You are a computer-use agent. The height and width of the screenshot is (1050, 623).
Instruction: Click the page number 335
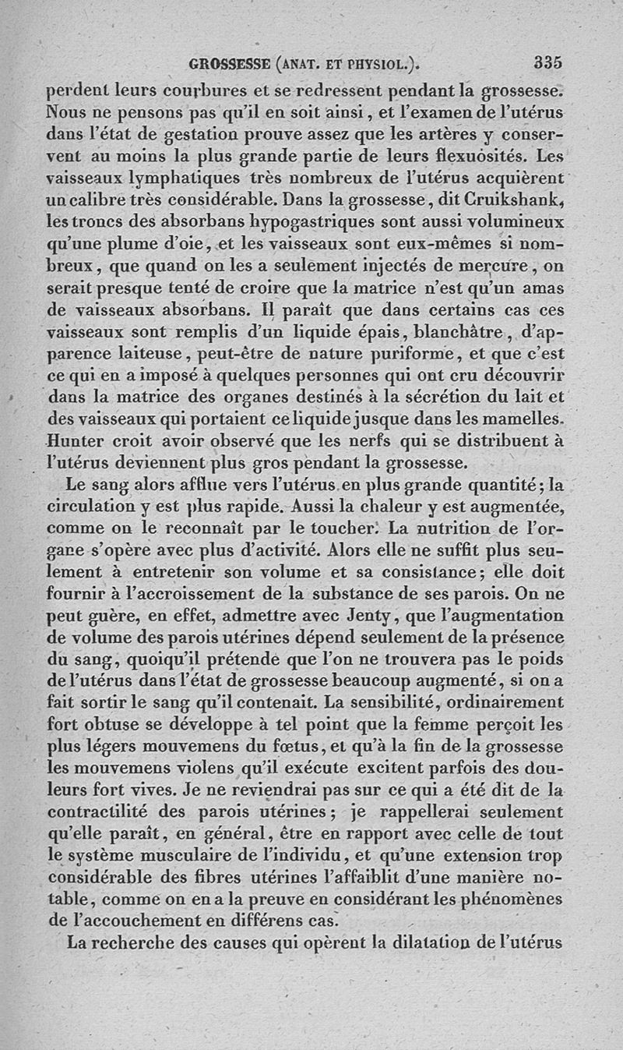click(x=548, y=62)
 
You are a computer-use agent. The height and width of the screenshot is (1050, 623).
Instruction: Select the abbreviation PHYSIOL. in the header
click(x=374, y=64)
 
